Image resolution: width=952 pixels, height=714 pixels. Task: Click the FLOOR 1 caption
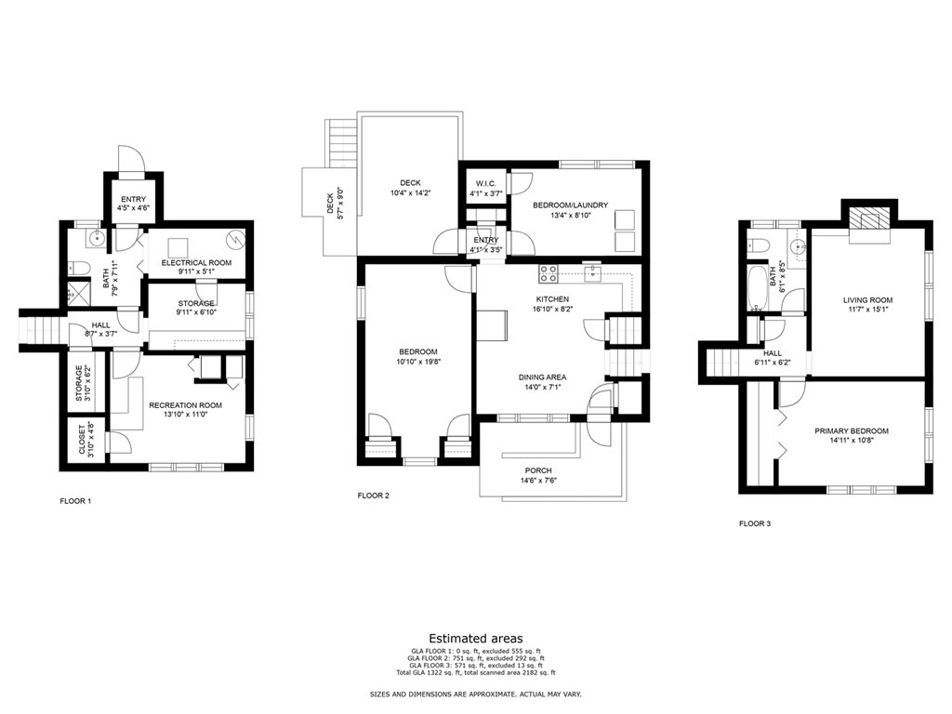pyautogui.click(x=75, y=501)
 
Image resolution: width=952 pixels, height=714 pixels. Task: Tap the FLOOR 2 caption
pyautogui.click(x=373, y=496)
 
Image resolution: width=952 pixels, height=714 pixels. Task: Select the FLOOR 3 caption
pyautogui.click(x=754, y=523)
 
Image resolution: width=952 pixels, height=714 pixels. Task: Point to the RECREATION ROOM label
pyautogui.click(x=186, y=405)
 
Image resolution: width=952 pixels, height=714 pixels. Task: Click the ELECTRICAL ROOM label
pyautogui.click(x=196, y=263)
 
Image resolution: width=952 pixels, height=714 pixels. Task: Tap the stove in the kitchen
pyautogui.click(x=549, y=273)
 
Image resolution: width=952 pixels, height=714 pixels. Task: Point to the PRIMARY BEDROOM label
pyautogui.click(x=851, y=431)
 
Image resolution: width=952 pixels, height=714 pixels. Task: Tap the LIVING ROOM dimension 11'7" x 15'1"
pyautogui.click(x=866, y=311)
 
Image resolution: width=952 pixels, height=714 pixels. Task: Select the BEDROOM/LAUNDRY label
pyautogui.click(x=570, y=205)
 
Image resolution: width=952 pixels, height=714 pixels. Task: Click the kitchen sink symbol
pyautogui.click(x=590, y=273)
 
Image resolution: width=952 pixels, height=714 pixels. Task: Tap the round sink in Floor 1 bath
pyautogui.click(x=96, y=239)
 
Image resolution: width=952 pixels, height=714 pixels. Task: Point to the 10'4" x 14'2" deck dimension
pyautogui.click(x=410, y=193)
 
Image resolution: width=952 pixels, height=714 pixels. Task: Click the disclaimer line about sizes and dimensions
pyautogui.click(x=475, y=694)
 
